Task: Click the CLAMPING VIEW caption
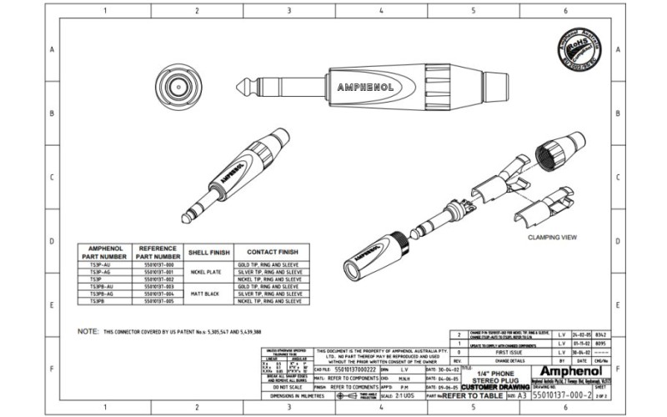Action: [553, 237]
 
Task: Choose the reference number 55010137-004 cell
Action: [158, 294]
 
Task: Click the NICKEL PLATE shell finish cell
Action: [204, 272]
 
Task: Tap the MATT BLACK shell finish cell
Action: [204, 294]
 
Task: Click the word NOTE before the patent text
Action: [88, 331]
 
